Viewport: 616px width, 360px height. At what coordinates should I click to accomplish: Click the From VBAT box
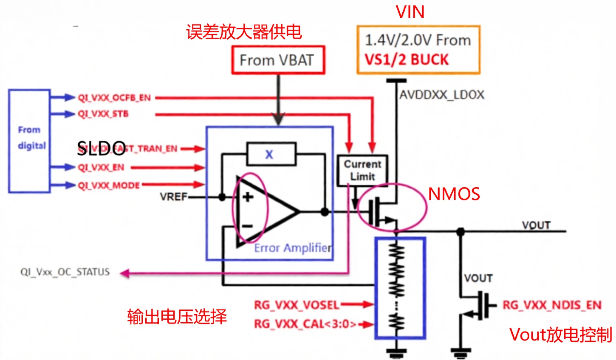[278, 60]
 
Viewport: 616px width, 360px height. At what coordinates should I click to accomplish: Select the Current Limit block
[362, 170]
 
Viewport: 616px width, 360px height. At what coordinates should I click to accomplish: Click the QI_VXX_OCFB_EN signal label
[114, 98]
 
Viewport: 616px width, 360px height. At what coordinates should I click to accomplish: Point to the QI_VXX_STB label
[103, 114]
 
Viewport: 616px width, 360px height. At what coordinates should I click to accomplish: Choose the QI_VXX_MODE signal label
[109, 186]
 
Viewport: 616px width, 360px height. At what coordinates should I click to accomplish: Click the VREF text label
[173, 197]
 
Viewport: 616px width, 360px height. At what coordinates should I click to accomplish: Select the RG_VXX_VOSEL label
[297, 305]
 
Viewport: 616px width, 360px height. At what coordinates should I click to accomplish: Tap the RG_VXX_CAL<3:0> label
[305, 324]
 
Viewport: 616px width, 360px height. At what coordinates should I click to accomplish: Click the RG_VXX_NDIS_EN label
[552, 305]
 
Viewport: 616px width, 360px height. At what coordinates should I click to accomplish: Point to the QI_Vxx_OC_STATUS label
[65, 272]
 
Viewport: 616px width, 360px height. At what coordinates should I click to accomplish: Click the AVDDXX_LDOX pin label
[442, 95]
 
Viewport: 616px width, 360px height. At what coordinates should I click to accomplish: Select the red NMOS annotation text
[454, 194]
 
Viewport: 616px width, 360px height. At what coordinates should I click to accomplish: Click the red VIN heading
[410, 12]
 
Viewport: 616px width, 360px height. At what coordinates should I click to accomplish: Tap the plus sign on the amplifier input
[248, 197]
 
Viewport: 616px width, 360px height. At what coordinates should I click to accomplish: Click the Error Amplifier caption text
[293, 248]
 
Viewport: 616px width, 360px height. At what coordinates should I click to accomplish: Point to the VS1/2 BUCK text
[407, 60]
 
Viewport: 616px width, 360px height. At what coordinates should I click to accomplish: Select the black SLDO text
[101, 148]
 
